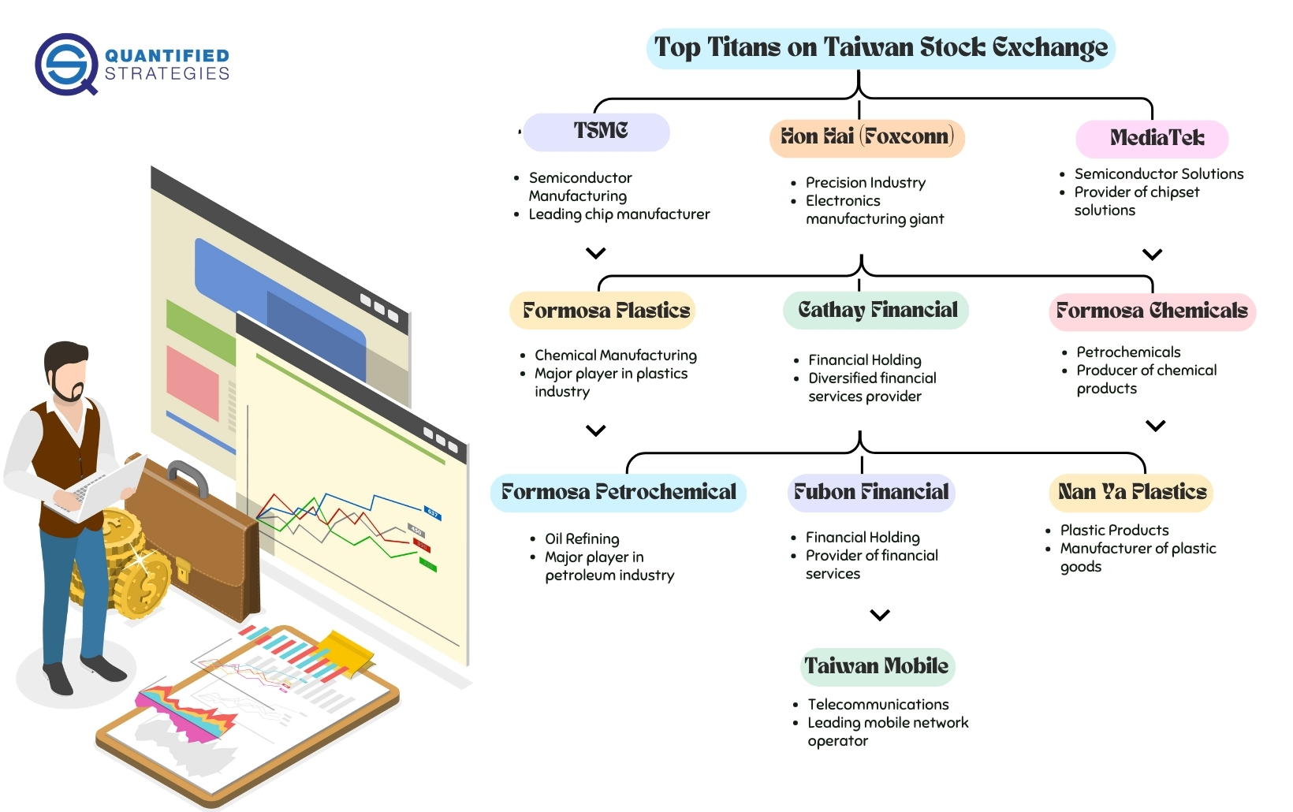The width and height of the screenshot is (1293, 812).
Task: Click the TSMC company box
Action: (x=596, y=132)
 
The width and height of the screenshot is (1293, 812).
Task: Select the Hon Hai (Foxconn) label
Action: (x=867, y=138)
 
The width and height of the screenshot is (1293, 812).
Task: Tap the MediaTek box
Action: (x=1152, y=139)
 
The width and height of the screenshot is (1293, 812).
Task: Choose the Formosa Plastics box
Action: (x=602, y=311)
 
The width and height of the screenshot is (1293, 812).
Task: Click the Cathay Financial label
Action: (x=876, y=311)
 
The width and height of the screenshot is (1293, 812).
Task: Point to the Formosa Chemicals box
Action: (x=1152, y=312)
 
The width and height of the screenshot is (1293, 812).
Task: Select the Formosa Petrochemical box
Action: (x=618, y=493)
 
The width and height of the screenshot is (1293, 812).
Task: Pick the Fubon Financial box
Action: (x=871, y=493)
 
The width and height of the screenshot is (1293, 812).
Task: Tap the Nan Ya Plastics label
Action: (x=1131, y=493)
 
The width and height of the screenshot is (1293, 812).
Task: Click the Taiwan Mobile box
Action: (x=878, y=667)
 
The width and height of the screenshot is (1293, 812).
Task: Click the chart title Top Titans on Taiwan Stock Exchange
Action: (x=881, y=48)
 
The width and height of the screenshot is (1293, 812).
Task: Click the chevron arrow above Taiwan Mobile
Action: (x=879, y=615)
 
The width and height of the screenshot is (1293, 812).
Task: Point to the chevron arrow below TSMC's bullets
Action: (x=596, y=253)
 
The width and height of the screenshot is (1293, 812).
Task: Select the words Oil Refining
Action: (x=582, y=539)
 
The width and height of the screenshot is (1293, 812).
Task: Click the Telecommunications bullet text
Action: (x=878, y=705)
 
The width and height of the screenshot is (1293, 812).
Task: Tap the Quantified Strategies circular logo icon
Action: (x=66, y=64)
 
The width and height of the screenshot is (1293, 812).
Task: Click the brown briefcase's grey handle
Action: (x=188, y=477)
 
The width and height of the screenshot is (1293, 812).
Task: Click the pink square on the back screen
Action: (x=193, y=382)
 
